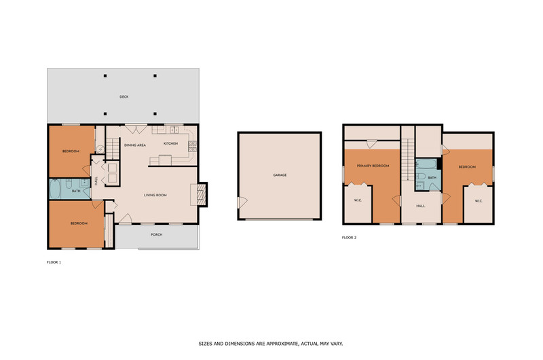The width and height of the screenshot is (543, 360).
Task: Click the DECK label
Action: [x=124, y=96]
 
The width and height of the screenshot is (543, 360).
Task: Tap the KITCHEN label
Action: [x=171, y=143]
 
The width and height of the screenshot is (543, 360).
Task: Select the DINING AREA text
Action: [x=135, y=145]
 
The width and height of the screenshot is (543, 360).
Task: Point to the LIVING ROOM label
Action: [x=155, y=195]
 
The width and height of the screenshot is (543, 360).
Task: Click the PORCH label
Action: [x=157, y=234]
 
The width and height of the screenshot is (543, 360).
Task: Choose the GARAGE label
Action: [x=280, y=175]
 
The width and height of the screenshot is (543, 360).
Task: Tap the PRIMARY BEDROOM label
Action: [x=373, y=166]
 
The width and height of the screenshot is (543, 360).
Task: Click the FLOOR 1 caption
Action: [x=54, y=262]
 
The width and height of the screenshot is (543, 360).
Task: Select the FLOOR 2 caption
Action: [x=349, y=238]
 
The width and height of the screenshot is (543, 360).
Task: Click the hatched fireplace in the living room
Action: [x=201, y=194]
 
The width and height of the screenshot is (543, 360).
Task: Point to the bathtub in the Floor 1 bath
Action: [x=55, y=189]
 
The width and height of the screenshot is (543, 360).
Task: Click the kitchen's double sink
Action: [x=174, y=130]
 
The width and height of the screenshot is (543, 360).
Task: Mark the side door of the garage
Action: [x=242, y=202]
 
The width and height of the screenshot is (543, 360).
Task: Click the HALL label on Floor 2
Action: [x=421, y=206]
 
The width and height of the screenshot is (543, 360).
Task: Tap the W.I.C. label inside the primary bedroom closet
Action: [x=358, y=200]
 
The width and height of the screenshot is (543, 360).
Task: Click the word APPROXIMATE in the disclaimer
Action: [x=281, y=344]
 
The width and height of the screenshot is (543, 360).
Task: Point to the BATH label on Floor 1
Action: [x=76, y=191]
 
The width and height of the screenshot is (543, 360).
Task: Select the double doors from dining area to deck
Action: [x=136, y=129]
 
